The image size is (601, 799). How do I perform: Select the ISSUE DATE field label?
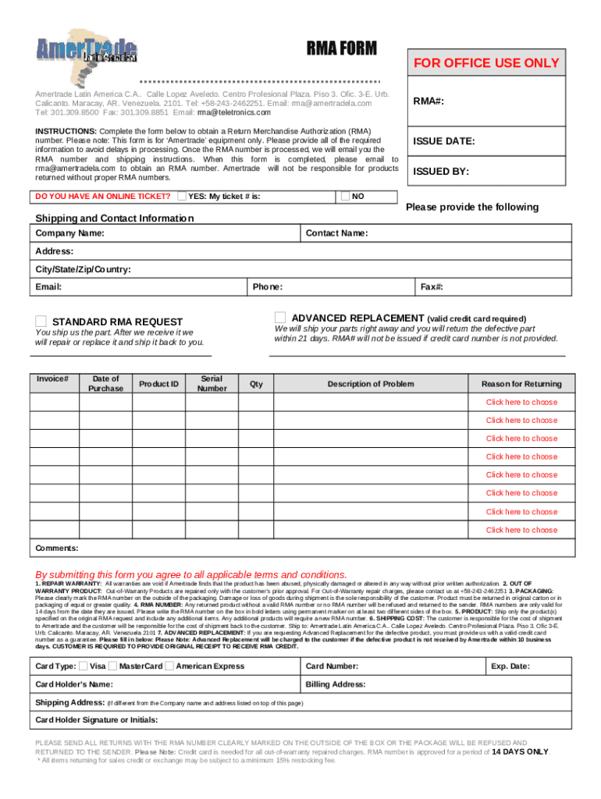[444, 141]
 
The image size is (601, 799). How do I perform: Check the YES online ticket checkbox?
[182, 196]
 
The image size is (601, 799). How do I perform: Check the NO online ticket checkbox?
[345, 196]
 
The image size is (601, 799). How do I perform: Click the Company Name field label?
[70, 233]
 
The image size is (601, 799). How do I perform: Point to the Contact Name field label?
[336, 233]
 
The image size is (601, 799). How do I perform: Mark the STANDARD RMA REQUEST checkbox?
[41, 321]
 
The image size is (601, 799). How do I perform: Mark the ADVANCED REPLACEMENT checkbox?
[280, 318]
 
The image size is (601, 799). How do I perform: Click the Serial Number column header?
[212, 383]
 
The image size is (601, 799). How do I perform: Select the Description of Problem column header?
[371, 384]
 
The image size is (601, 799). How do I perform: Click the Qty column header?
[256, 384]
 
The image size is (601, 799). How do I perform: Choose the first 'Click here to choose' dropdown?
[521, 402]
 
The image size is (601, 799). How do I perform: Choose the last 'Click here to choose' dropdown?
[521, 530]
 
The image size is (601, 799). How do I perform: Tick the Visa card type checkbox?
[84, 666]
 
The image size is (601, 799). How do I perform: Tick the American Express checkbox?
[170, 666]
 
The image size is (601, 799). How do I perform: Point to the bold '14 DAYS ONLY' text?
[520, 752]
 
